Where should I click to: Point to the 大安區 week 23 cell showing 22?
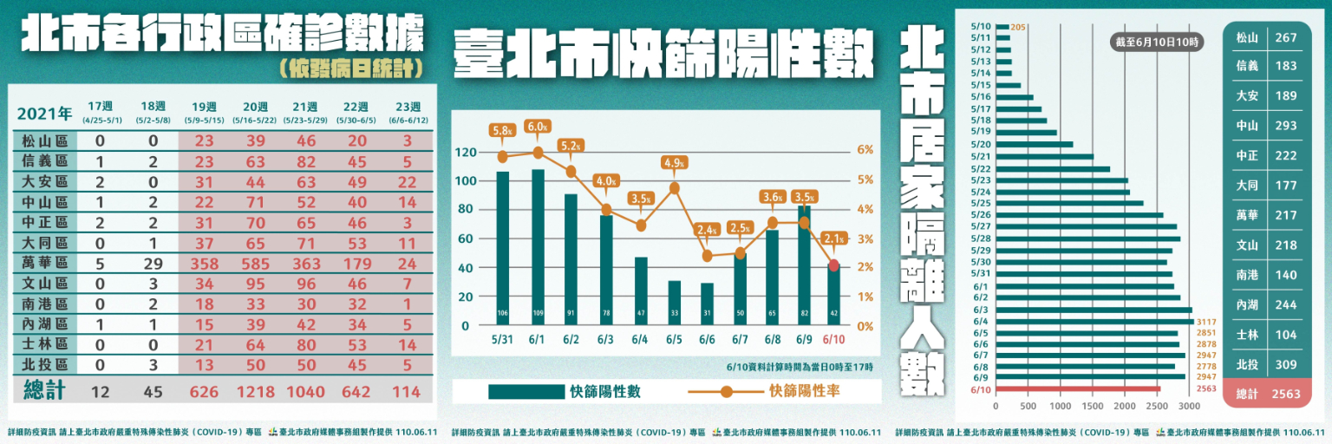click(x=408, y=180)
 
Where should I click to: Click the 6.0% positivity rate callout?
click(x=538, y=127)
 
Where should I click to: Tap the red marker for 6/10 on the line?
click(x=834, y=265)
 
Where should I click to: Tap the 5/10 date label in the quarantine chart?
click(x=982, y=27)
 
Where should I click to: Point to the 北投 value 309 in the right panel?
click(x=1286, y=365)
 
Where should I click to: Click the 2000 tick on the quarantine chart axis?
click(x=1124, y=406)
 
